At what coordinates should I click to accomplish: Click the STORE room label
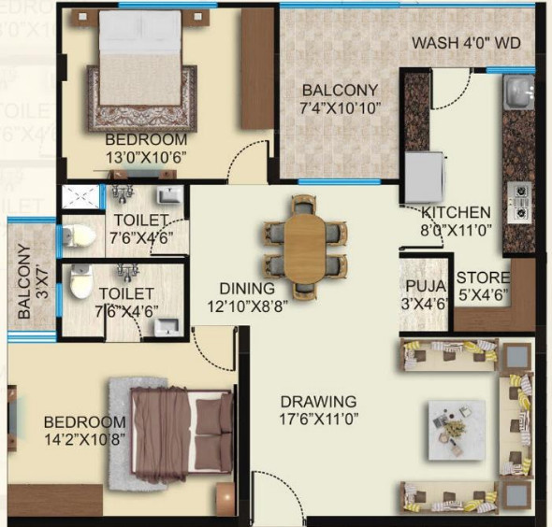coord(483,278)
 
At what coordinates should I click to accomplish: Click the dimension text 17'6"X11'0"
coord(320,420)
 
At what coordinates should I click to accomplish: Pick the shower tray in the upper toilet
coord(80,196)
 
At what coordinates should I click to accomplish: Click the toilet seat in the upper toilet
coord(79,236)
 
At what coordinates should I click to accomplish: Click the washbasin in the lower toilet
coord(167,327)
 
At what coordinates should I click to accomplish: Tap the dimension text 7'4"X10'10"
coord(340,108)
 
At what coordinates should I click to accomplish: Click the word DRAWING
coord(319,402)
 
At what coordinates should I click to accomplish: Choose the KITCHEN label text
coord(456,212)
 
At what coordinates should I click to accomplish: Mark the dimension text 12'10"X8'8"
coord(248,306)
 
